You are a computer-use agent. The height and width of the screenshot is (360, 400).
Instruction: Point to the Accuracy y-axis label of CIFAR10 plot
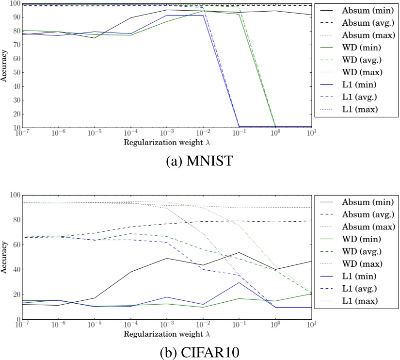(x=4, y=257)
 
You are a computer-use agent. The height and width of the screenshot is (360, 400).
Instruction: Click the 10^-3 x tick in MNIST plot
(x=166, y=132)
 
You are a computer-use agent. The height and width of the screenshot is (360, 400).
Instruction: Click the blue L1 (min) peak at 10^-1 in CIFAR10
(x=239, y=283)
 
